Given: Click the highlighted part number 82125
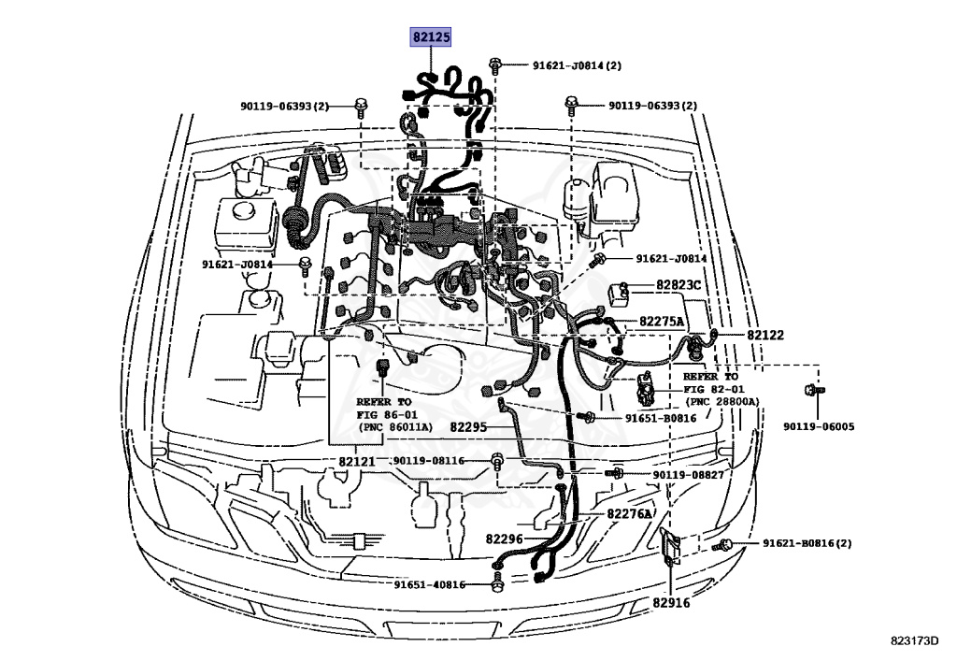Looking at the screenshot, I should (x=432, y=37).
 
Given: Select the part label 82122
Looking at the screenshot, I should (x=764, y=335).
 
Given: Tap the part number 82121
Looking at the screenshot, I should (x=356, y=462).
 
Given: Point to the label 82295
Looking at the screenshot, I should (x=468, y=426).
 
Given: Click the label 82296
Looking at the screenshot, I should (x=504, y=539).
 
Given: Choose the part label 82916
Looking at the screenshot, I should (x=671, y=603).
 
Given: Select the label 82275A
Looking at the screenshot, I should (x=663, y=322).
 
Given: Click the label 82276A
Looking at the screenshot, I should (x=629, y=513).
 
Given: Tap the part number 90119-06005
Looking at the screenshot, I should (x=818, y=427).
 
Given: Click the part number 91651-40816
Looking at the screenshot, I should (x=428, y=584).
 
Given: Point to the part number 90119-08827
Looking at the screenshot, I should (x=688, y=476).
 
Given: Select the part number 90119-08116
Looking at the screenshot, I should (x=428, y=461).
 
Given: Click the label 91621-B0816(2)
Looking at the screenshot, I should (x=807, y=543).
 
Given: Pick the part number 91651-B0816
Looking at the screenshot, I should (x=661, y=417).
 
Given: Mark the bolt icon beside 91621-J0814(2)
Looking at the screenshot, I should (x=495, y=65).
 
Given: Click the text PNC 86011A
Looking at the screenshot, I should (x=394, y=426).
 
